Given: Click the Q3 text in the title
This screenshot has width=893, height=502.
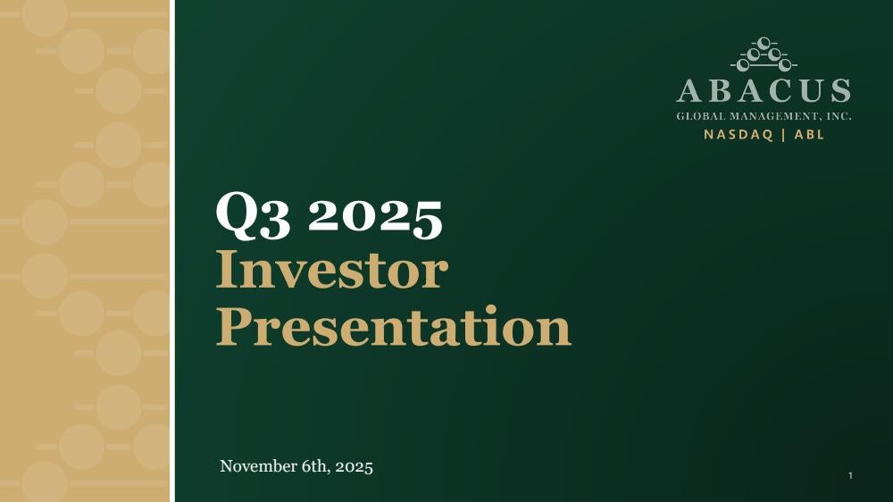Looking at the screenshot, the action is coord(253,215).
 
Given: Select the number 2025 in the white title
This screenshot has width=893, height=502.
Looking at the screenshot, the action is coord(375,216).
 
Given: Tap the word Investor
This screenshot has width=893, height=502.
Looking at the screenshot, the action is coord(332,270).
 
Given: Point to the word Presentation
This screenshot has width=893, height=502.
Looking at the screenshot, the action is coord(394,326).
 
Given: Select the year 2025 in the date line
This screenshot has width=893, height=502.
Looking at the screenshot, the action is coord(355,466).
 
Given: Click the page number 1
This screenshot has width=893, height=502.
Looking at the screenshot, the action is coord(850,476).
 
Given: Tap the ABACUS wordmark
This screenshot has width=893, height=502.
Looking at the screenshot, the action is coord(764,91).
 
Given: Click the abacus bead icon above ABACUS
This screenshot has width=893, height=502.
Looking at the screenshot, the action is coord(764,54).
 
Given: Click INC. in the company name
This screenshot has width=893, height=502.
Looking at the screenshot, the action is coord(839,116).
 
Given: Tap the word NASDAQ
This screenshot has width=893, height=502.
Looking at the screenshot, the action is coord(739,135).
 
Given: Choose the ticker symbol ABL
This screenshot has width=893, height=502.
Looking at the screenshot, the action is coord(809,135).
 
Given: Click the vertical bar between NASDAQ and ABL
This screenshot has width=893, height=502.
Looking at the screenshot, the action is coord(784,135).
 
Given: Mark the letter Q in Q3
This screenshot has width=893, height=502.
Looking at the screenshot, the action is coord(239,215).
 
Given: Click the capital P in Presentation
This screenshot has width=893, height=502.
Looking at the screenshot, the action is coord(233,326).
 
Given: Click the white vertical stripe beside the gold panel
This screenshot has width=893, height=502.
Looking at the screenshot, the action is coord(172,251).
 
